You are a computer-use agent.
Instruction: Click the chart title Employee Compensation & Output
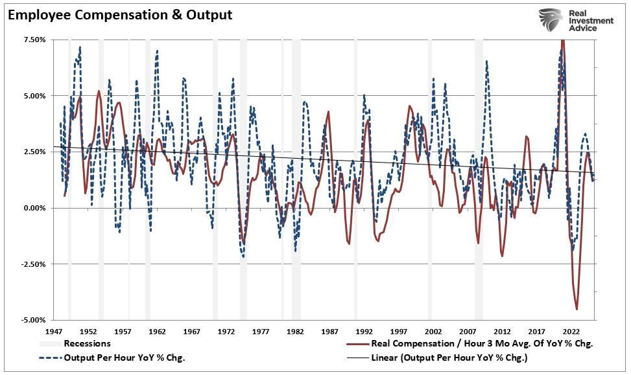click(x=120, y=14)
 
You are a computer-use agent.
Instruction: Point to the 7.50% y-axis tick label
click(x=34, y=40)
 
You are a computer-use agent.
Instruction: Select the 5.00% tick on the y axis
click(x=34, y=96)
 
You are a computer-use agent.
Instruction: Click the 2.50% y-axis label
click(x=34, y=152)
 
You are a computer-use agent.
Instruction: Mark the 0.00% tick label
click(x=34, y=208)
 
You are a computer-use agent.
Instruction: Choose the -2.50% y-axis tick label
click(x=32, y=264)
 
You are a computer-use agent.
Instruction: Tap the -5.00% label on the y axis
click(x=32, y=320)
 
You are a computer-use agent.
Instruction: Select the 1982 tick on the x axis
click(x=295, y=331)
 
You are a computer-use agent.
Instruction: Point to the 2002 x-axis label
click(x=433, y=331)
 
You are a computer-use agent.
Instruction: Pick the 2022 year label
click(x=571, y=331)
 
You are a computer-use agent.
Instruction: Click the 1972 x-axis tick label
click(x=226, y=331)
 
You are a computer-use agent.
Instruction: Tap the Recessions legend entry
click(x=87, y=344)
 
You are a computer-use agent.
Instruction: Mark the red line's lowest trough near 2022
click(x=577, y=310)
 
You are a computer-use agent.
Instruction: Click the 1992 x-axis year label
click(x=364, y=331)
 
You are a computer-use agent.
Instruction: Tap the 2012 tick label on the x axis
click(x=502, y=331)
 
